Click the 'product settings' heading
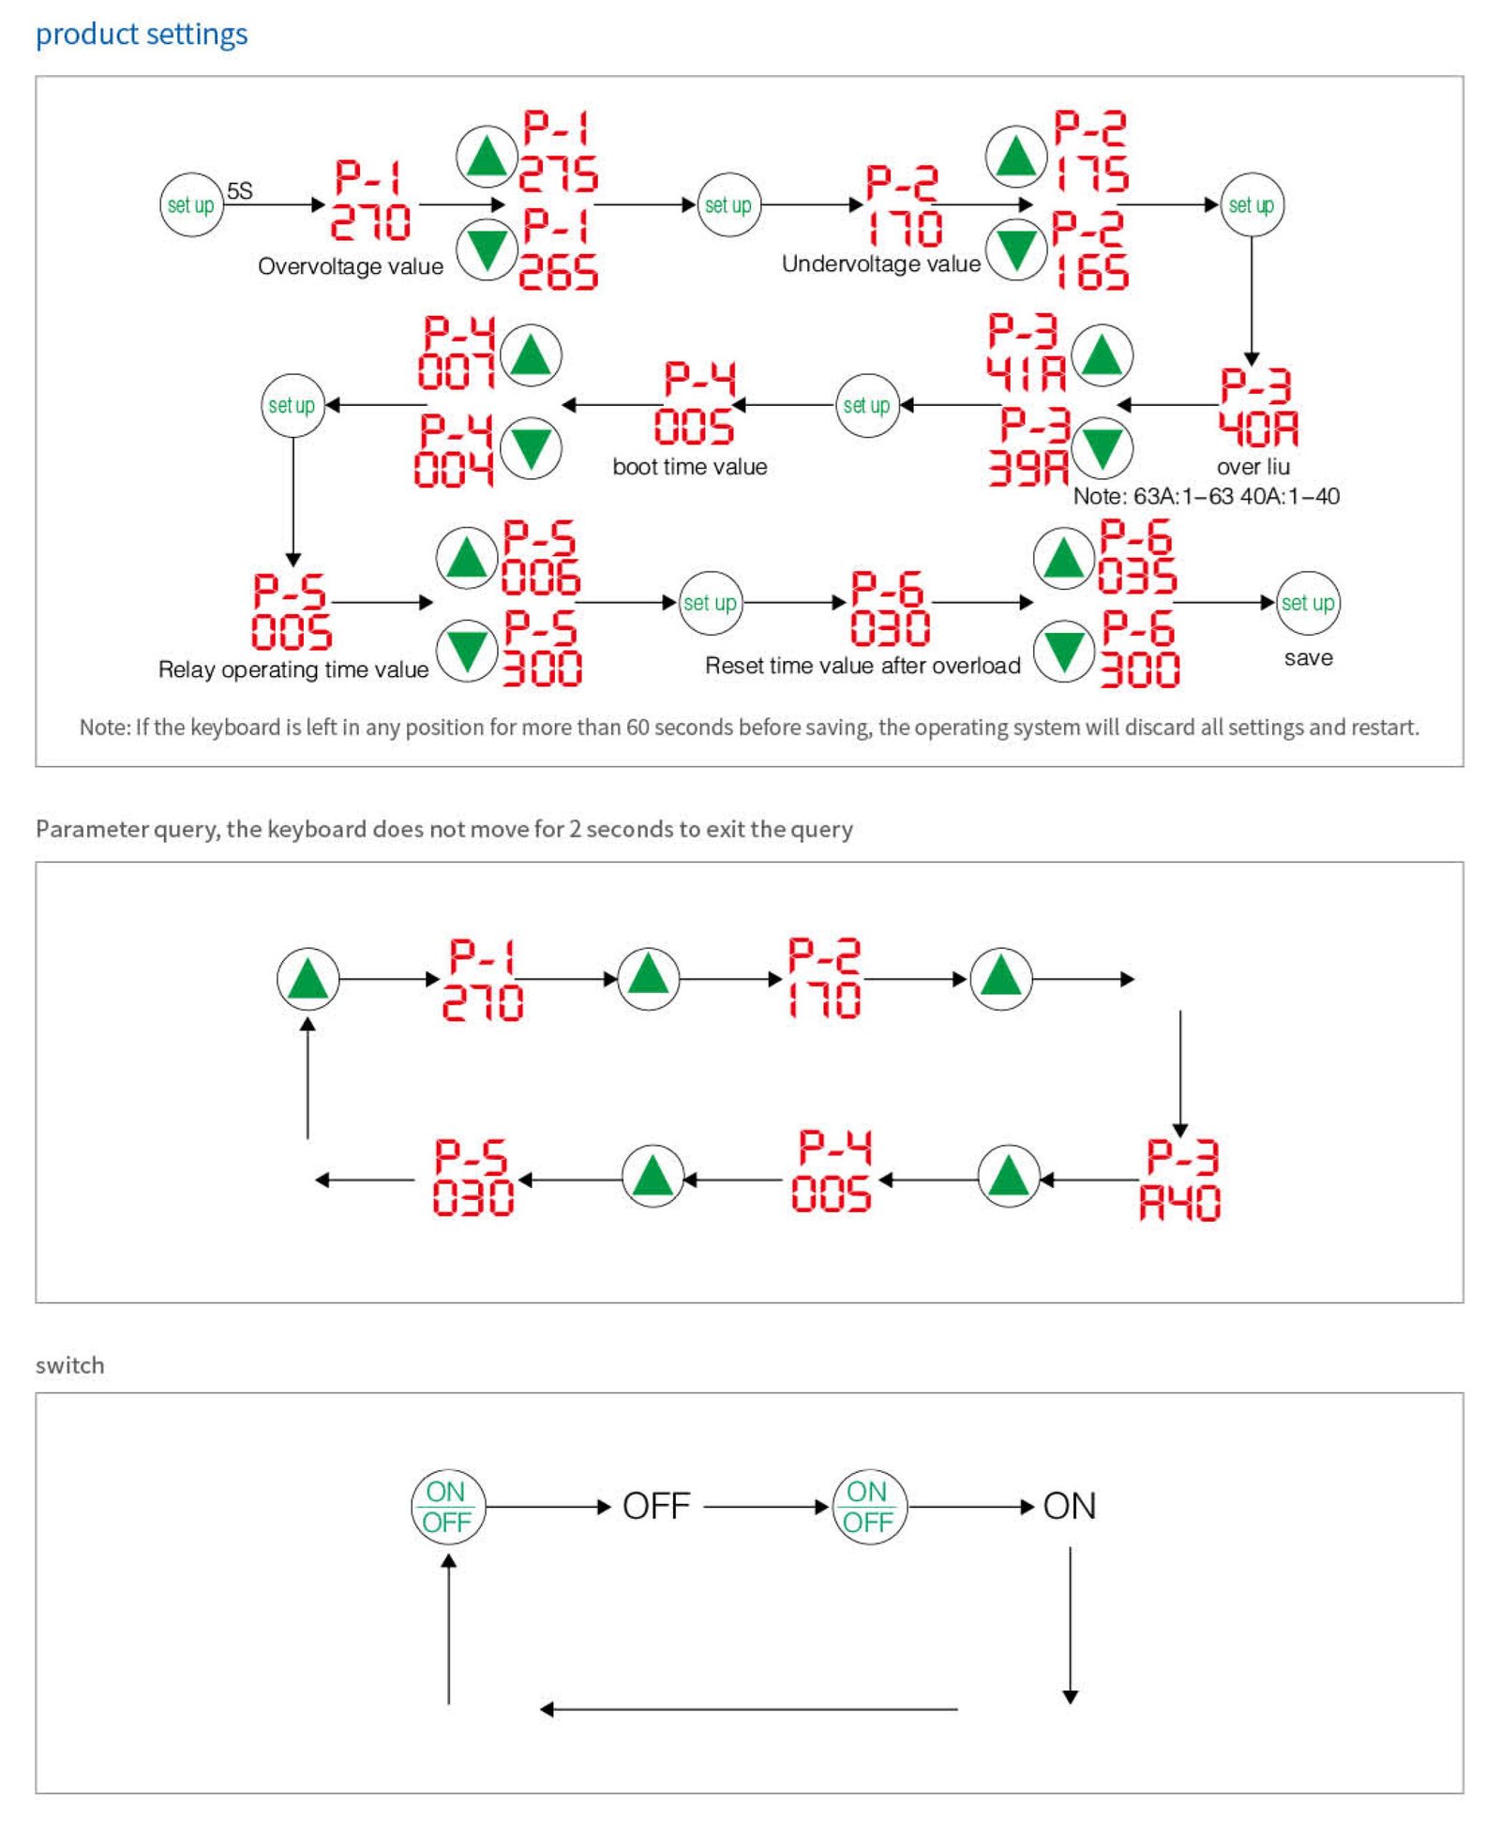[x=142, y=35]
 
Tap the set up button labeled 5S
[x=191, y=204]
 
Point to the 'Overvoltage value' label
[x=351, y=266]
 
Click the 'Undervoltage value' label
[x=881, y=263]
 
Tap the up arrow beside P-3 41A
[x=1102, y=355]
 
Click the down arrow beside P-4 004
[x=531, y=447]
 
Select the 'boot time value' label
[x=690, y=467]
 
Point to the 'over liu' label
[x=1253, y=467]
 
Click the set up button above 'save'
[x=1308, y=603]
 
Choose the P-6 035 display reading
[x=1137, y=557]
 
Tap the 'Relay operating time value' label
[x=293, y=669]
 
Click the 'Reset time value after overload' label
[x=862, y=666]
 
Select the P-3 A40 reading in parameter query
[x=1180, y=1179]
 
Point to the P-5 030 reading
[x=473, y=1178]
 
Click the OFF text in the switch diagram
[x=656, y=1507]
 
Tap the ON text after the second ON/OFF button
[x=1070, y=1507]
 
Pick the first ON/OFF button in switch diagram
[x=448, y=1507]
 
